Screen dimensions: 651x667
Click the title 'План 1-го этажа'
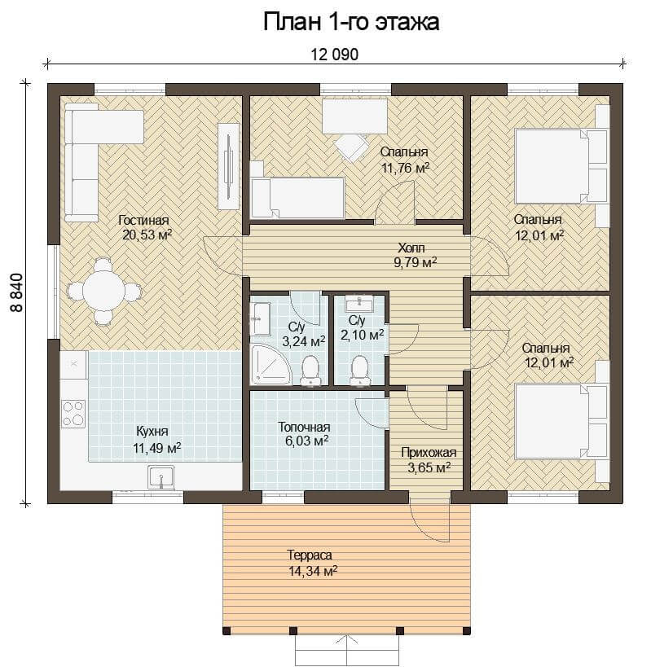(x=351, y=22)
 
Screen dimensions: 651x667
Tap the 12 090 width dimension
(x=334, y=55)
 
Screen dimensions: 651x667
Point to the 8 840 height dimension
(x=17, y=292)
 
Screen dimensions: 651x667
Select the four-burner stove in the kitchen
(x=73, y=414)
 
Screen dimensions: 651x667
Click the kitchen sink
(x=161, y=477)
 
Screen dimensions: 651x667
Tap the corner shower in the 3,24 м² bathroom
(x=271, y=364)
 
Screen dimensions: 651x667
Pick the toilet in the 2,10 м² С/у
(x=360, y=371)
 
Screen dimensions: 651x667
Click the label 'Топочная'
(x=304, y=427)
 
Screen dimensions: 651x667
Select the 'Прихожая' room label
(x=429, y=453)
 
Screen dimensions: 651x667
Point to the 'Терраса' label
(x=310, y=555)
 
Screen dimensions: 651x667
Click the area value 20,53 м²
(x=147, y=235)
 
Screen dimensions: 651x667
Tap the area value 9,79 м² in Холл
(x=416, y=262)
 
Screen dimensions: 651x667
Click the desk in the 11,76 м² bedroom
(x=354, y=116)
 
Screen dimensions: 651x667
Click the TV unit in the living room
(x=228, y=166)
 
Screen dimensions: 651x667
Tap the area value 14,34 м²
(x=313, y=571)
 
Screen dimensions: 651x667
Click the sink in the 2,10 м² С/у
(x=360, y=305)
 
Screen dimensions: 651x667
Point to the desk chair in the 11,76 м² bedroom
(x=351, y=147)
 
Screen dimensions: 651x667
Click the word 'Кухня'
(x=152, y=432)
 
